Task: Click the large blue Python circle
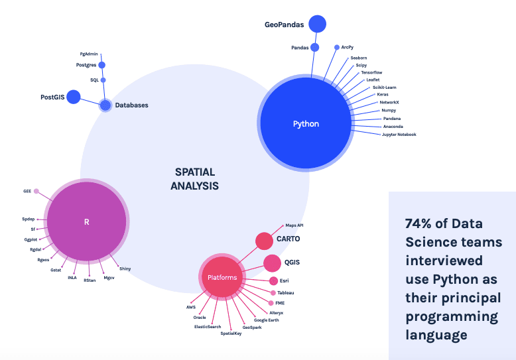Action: (306, 123)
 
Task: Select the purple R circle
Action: (87, 222)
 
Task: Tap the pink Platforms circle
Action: (222, 277)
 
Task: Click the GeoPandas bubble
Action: (317, 24)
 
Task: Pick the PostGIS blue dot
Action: (73, 97)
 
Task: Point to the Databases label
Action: (133, 105)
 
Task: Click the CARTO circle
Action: (265, 241)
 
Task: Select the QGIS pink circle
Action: (272, 263)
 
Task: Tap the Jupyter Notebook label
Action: (399, 135)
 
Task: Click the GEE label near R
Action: (27, 191)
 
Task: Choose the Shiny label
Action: (125, 268)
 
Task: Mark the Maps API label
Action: (294, 225)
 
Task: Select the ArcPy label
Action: (348, 47)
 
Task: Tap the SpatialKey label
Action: (231, 333)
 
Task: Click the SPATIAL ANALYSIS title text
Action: (194, 179)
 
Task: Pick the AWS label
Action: (190, 308)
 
